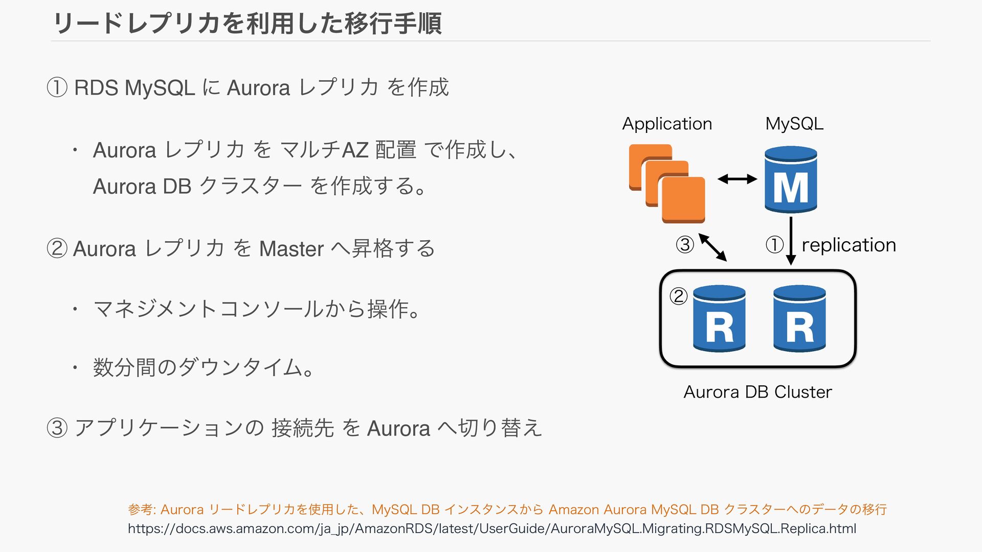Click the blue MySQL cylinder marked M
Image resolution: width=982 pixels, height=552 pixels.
(x=791, y=179)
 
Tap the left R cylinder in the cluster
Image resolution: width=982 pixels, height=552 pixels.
(x=719, y=318)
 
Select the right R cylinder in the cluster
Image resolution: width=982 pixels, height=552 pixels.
(x=799, y=318)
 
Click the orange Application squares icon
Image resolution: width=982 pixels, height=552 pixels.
(x=667, y=184)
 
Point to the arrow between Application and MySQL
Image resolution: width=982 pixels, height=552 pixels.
(x=737, y=179)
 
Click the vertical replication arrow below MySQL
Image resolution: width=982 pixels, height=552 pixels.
(x=791, y=241)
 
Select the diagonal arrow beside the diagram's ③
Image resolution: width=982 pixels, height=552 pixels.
(x=712, y=247)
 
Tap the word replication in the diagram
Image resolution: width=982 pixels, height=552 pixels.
(x=849, y=245)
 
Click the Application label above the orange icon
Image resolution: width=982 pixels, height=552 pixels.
(x=667, y=124)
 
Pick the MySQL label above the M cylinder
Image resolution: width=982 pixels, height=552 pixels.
(x=794, y=124)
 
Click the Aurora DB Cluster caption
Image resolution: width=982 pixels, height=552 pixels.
(x=757, y=392)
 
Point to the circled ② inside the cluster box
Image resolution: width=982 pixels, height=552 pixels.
(x=678, y=296)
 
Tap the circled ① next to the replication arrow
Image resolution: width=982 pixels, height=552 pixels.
(x=774, y=245)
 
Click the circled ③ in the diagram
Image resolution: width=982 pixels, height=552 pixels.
(x=685, y=245)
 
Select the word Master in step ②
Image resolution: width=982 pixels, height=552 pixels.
(x=291, y=249)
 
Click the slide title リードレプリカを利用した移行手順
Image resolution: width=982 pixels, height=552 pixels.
(x=247, y=24)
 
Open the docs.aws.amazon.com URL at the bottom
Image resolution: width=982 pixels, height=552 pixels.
(x=492, y=528)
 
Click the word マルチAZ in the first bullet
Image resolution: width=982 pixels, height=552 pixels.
(x=324, y=150)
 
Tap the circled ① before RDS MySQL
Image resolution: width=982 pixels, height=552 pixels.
(x=57, y=87)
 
